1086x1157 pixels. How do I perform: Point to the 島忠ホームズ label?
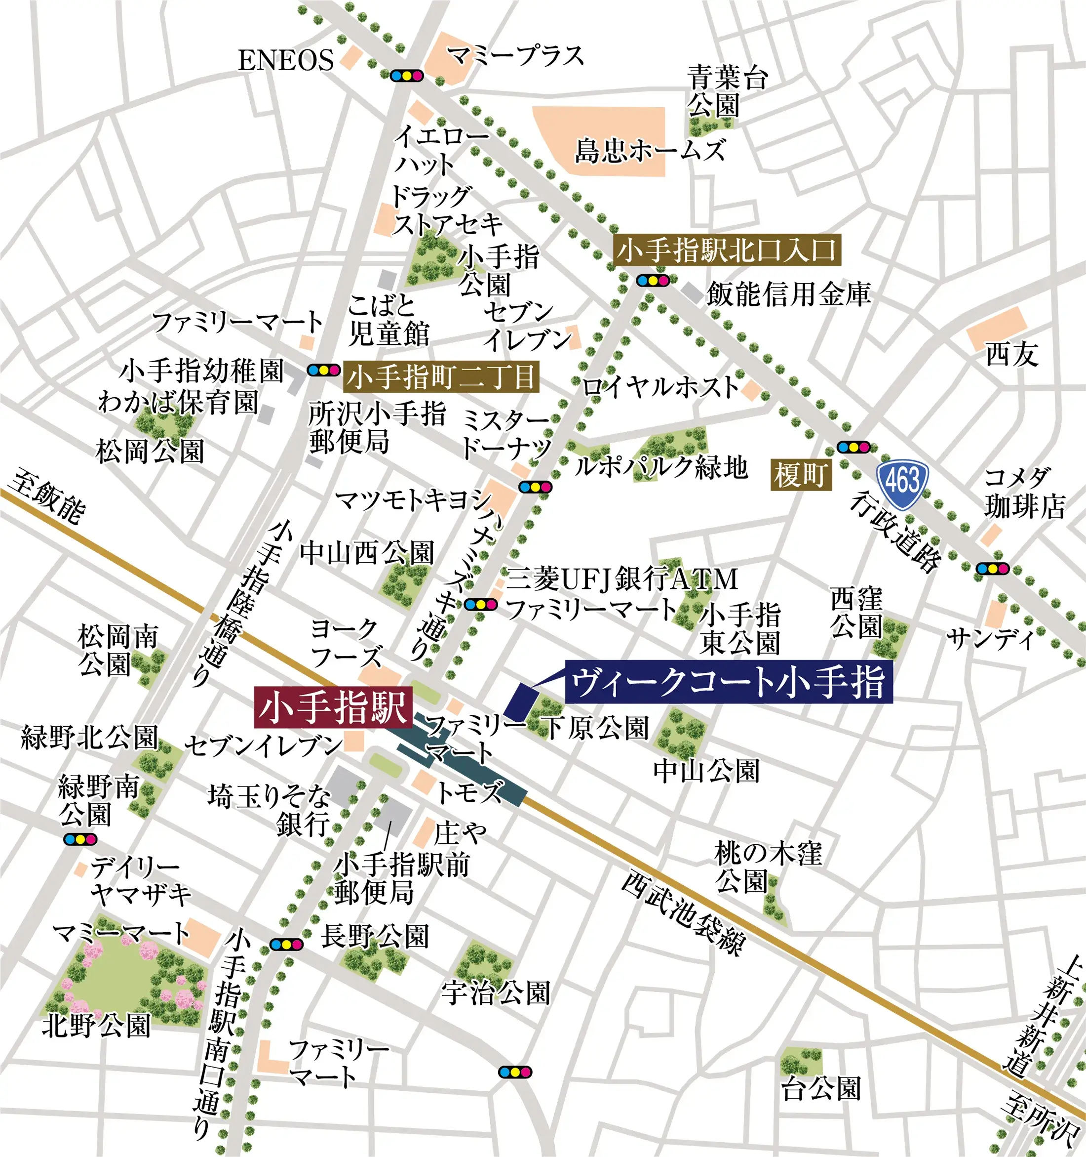[x=650, y=150]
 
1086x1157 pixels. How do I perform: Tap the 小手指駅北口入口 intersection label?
[x=727, y=251]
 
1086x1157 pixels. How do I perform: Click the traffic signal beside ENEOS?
[x=407, y=76]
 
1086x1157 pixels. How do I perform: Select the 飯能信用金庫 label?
[x=788, y=294]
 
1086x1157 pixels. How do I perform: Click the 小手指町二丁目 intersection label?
[x=441, y=377]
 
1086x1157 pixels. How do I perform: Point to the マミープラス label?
[x=515, y=56]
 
